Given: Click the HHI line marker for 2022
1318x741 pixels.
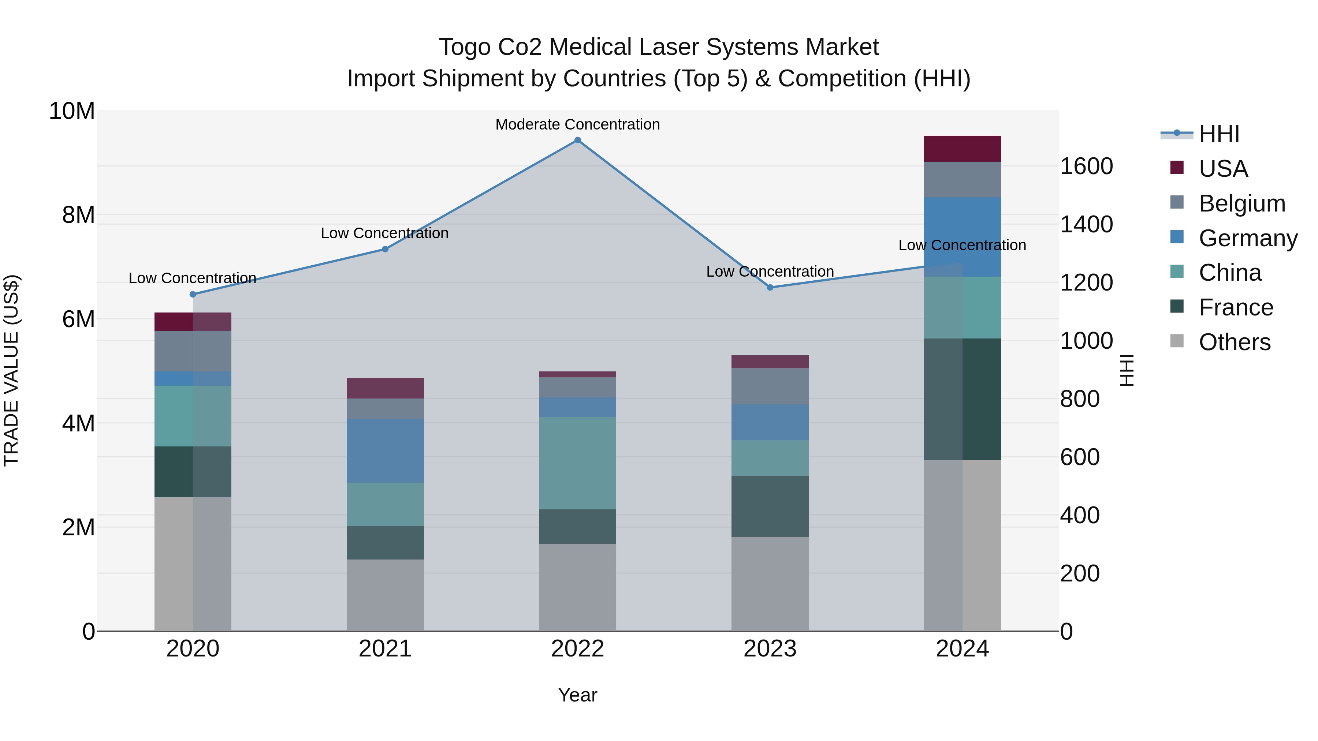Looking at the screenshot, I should pyautogui.click(x=578, y=140).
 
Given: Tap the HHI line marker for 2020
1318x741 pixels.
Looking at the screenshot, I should pyautogui.click(x=193, y=294).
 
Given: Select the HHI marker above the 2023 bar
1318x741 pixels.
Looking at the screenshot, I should pyautogui.click(x=770, y=287).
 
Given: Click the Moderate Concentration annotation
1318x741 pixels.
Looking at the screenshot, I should pyautogui.click(x=578, y=124).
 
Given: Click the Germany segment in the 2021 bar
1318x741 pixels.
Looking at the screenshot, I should pyautogui.click(x=385, y=450).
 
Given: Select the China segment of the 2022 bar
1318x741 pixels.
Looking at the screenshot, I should pyautogui.click(x=578, y=463).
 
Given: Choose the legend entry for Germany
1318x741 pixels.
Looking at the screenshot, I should pyautogui.click(x=1247, y=238).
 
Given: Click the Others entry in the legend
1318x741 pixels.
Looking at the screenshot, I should pyautogui.click(x=1234, y=342).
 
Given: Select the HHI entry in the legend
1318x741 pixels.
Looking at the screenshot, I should pyautogui.click(x=1219, y=134).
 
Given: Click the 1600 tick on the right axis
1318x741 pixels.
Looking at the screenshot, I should pyautogui.click(x=1086, y=166).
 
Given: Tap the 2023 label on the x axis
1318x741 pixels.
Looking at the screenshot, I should pyautogui.click(x=770, y=649).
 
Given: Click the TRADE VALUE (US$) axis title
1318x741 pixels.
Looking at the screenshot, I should pyautogui.click(x=11, y=370).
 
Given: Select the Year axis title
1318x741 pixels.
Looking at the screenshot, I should pyautogui.click(x=578, y=695).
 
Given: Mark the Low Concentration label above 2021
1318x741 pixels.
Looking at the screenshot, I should pyautogui.click(x=385, y=233).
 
